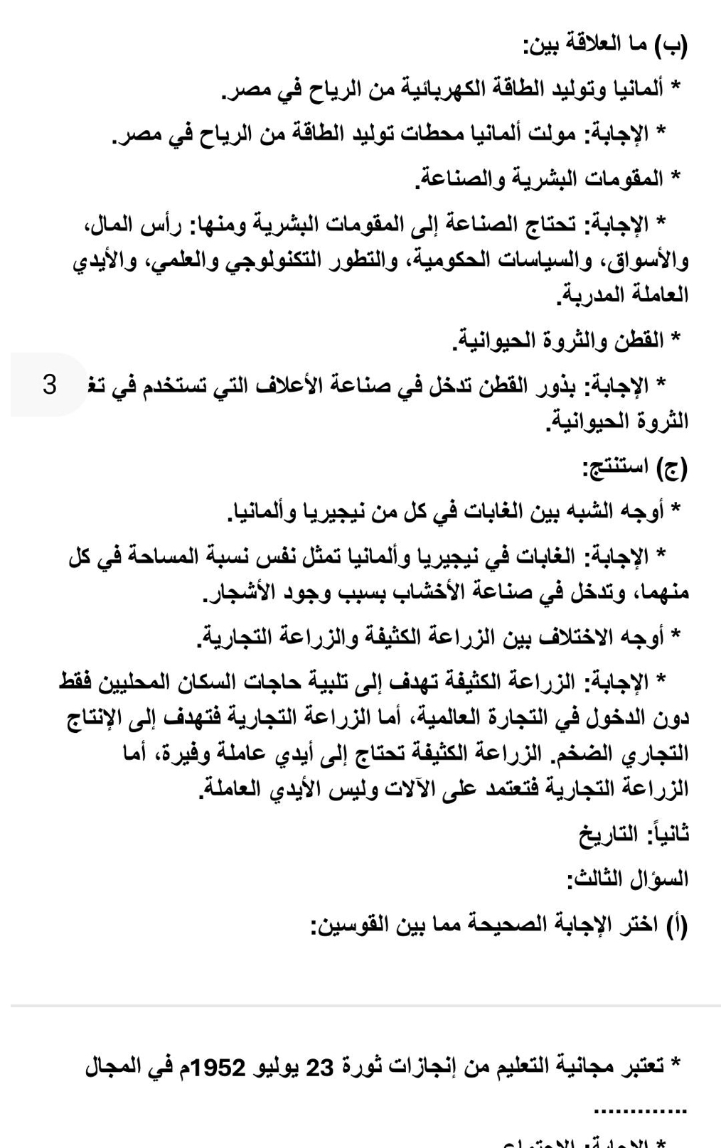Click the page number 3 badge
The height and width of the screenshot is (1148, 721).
click(x=49, y=385)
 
